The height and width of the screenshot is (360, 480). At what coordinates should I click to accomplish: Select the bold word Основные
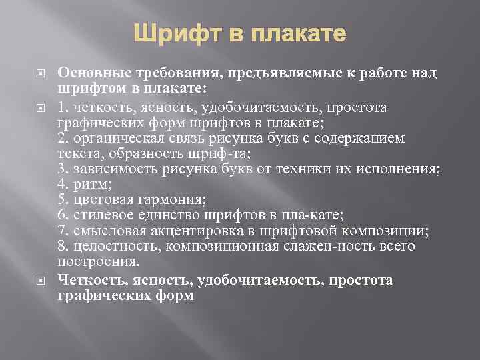click(x=92, y=73)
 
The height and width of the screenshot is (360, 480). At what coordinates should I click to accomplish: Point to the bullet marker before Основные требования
click(x=37, y=73)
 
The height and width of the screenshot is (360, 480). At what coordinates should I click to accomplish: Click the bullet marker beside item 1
click(x=37, y=107)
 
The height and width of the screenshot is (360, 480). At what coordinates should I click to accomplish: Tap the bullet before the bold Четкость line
click(x=37, y=281)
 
